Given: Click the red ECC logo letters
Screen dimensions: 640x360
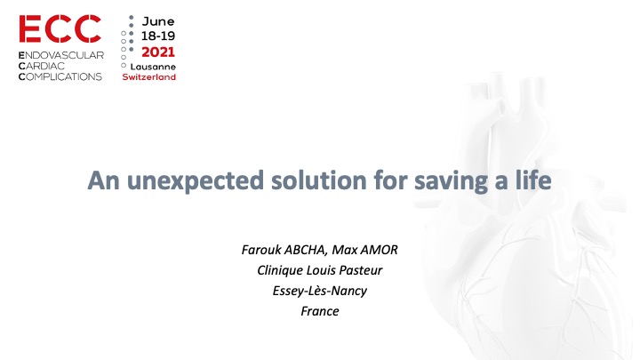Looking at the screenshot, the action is (60, 29).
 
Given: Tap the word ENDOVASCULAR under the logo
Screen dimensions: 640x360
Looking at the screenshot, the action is (61, 55).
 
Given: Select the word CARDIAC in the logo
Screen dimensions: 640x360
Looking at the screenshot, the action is (42, 66).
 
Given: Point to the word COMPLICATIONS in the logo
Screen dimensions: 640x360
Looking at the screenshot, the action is (60, 76).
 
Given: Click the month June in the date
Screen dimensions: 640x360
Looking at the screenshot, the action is (158, 21).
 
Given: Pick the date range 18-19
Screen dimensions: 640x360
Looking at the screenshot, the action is (158, 36).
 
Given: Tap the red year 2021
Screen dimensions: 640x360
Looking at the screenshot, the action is (158, 52).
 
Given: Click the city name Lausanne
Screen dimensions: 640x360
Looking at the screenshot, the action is (153, 67).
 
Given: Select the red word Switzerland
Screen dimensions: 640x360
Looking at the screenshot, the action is (149, 76).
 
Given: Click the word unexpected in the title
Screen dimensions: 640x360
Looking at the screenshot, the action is (195, 180).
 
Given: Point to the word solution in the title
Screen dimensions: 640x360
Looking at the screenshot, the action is (319, 180).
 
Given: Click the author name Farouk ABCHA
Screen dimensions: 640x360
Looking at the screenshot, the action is (284, 250).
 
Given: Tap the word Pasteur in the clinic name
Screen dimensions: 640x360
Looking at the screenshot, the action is (361, 270).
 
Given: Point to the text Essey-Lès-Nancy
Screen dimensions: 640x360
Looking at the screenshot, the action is (320, 291).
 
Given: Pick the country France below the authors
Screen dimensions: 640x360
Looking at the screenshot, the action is (320, 311).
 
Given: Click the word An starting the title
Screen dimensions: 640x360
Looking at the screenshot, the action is (103, 180).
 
